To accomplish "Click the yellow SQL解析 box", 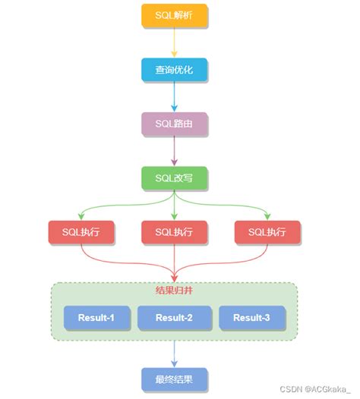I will (174, 16).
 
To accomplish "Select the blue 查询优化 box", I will (174, 70).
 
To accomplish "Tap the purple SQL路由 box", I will (174, 124).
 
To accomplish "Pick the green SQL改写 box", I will (174, 178).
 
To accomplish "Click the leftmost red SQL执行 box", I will (81, 232).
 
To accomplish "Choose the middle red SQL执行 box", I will (174, 232).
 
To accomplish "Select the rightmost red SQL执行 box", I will (267, 232).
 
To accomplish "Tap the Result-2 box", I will (174, 318).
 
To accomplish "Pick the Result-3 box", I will (251, 318).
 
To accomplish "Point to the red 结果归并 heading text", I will (174, 291).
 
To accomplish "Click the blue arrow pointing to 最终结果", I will (174, 353).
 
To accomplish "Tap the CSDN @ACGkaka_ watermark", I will (317, 389).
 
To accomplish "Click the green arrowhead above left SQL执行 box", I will (81, 215).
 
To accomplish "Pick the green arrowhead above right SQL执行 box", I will (267, 215).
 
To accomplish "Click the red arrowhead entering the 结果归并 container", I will (174, 278).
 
